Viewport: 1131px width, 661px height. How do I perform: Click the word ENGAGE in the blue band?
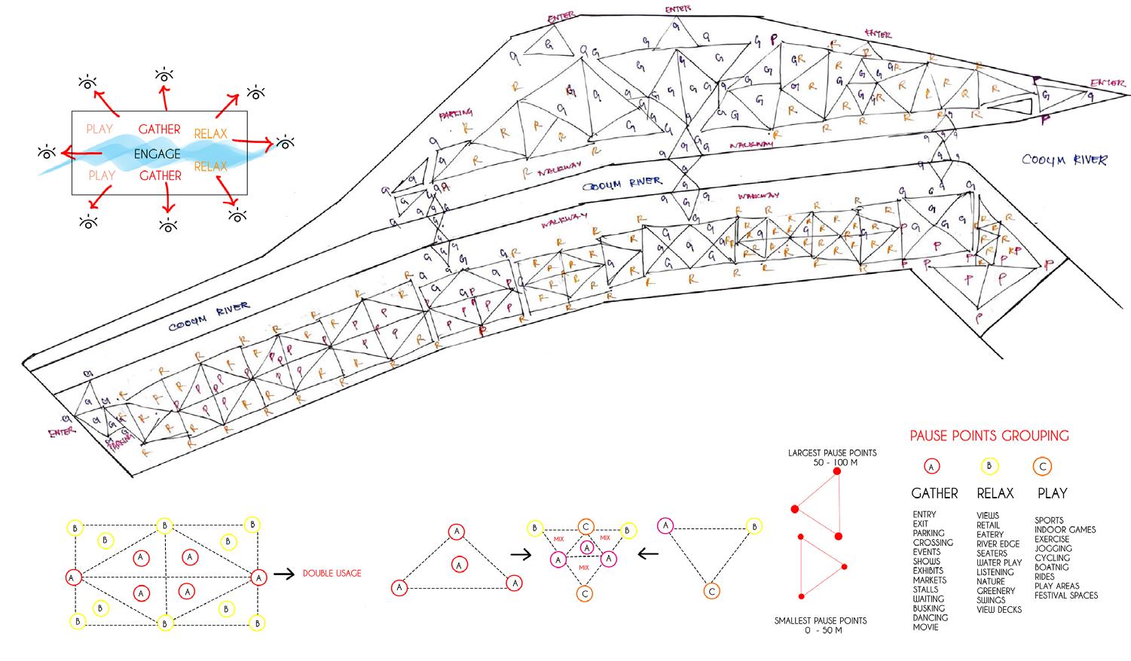(x=157, y=154)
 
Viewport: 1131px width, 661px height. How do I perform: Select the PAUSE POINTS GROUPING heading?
(x=989, y=436)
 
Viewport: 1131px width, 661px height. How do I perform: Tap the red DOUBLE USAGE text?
(x=332, y=574)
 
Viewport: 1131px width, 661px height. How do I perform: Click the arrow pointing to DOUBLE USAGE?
(x=283, y=574)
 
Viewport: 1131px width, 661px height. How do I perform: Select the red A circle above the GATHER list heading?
(x=931, y=467)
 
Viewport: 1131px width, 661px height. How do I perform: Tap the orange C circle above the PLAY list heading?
(x=1043, y=467)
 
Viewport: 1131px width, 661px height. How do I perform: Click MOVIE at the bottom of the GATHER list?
(x=925, y=627)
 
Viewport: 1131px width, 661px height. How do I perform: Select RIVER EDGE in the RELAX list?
(x=998, y=544)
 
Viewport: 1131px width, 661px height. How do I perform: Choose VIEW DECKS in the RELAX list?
(x=999, y=610)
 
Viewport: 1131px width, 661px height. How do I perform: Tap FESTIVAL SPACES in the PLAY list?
(x=1065, y=596)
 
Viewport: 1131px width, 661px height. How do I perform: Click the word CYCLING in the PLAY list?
(x=1052, y=558)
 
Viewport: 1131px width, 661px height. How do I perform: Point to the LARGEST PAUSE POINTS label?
(x=832, y=453)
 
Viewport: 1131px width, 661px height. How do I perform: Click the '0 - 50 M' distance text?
(x=821, y=630)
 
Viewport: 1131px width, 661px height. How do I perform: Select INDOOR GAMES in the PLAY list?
(x=1065, y=530)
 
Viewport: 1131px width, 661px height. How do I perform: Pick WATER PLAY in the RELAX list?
(x=999, y=562)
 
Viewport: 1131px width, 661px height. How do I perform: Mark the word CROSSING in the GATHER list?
(x=933, y=543)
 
